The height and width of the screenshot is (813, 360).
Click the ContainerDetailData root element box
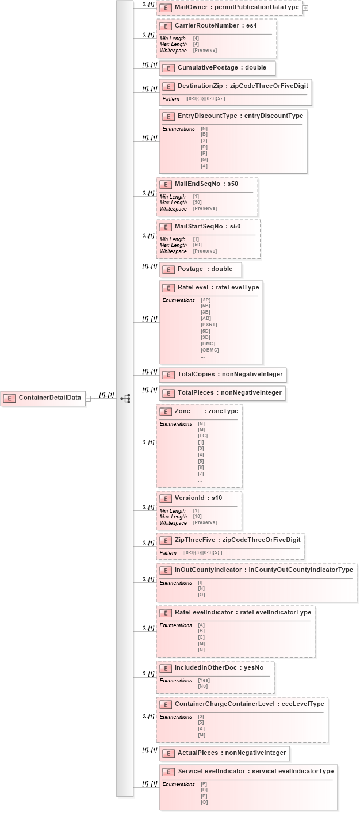click(x=43, y=398)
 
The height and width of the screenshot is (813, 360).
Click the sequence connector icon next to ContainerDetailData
click(x=125, y=398)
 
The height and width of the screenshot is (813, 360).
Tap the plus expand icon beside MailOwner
click(x=305, y=8)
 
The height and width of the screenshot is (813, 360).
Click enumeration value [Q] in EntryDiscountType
click(x=204, y=160)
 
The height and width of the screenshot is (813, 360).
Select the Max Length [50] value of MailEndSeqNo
click(x=196, y=203)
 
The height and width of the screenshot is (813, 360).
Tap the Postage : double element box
click(x=200, y=269)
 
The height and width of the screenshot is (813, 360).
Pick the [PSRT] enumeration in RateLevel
click(x=209, y=325)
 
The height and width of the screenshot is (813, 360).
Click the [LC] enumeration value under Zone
click(x=202, y=436)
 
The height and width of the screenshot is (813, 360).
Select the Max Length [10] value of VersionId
click(x=196, y=517)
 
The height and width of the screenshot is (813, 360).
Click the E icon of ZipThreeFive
click(x=165, y=540)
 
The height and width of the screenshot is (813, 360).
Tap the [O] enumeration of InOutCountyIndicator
click(x=201, y=594)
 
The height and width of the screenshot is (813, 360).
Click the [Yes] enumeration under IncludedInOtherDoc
click(x=202, y=680)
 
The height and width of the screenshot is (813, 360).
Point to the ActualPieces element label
click(x=198, y=753)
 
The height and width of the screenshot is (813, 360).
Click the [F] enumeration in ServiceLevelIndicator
click(x=204, y=784)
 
